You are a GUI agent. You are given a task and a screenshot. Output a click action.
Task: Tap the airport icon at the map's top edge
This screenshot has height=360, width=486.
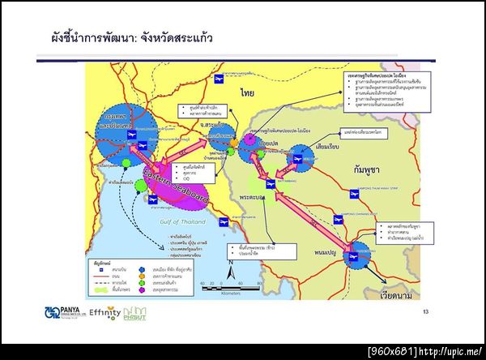point(217,79)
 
